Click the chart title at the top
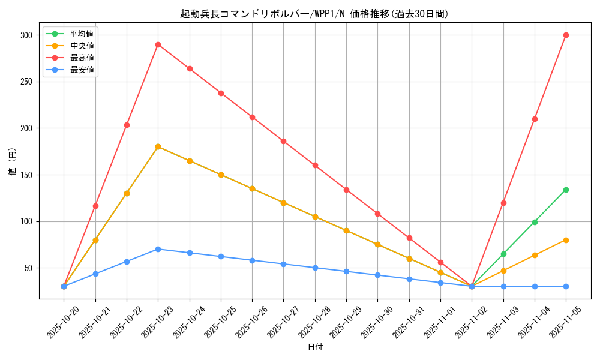pyautogui.click(x=314, y=14)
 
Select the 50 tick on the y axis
pyautogui.click(x=28, y=268)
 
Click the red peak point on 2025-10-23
pyautogui.click(x=158, y=44)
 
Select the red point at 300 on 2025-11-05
pyautogui.click(x=566, y=35)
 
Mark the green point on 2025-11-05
pyautogui.click(x=566, y=190)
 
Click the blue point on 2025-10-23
pyautogui.click(x=158, y=249)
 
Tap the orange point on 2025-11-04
pyautogui.click(x=535, y=255)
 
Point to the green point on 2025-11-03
pyautogui.click(x=503, y=254)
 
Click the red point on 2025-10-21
pyautogui.click(x=95, y=206)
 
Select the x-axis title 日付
pyautogui.click(x=315, y=347)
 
